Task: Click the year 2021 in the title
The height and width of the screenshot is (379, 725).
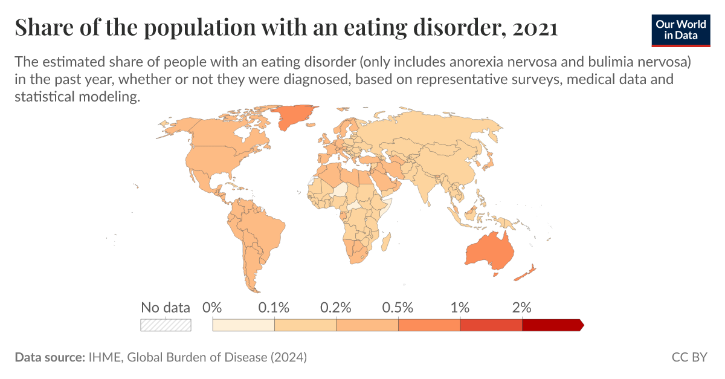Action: (x=534, y=28)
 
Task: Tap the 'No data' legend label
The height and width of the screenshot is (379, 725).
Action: (x=165, y=307)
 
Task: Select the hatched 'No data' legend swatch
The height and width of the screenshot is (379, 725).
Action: (x=166, y=325)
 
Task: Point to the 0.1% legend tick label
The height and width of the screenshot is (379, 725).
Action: (x=274, y=307)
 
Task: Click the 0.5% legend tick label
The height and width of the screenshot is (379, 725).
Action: (x=398, y=307)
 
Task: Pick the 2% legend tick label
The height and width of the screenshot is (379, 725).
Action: (x=521, y=307)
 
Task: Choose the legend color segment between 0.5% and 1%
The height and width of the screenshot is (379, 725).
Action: (x=429, y=325)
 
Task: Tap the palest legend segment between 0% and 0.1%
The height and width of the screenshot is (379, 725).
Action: (x=243, y=325)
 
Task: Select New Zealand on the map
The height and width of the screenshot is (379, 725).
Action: (x=524, y=272)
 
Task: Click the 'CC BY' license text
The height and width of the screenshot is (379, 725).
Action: (x=689, y=357)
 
